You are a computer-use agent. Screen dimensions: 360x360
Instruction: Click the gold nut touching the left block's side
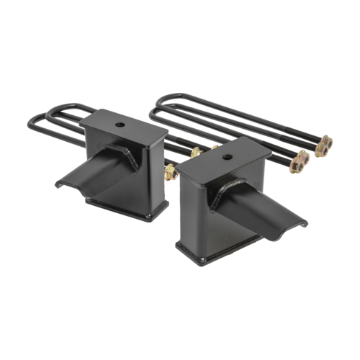point(171,171)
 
